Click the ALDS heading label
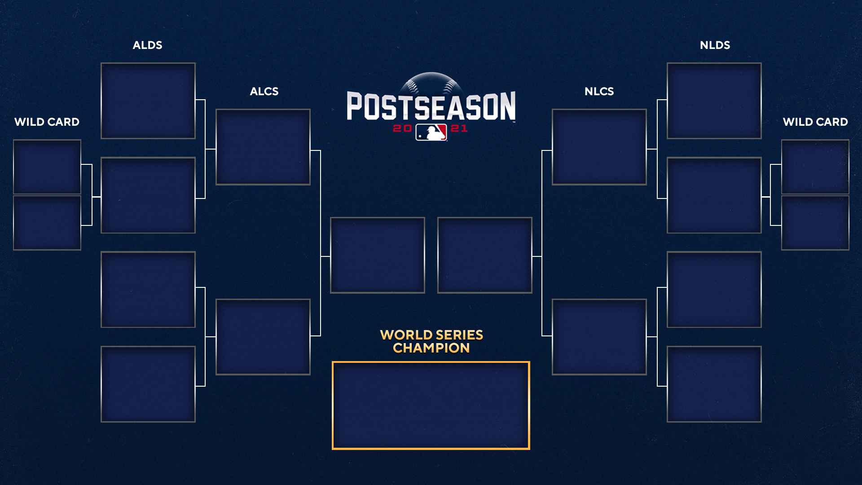147,45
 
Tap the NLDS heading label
715,45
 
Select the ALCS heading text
264,92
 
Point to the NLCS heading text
599,92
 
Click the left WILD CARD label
47,122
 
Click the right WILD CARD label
815,122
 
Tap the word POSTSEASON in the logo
431,107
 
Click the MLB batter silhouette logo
431,132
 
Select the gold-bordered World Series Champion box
431,405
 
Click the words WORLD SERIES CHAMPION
431,341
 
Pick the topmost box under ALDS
148,101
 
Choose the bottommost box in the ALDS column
148,384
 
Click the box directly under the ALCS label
263,147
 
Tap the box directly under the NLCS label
599,147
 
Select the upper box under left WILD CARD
47,167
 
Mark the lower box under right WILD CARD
815,223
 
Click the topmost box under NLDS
714,101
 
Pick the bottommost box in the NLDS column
714,384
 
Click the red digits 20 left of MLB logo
402,129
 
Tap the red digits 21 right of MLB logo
459,129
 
